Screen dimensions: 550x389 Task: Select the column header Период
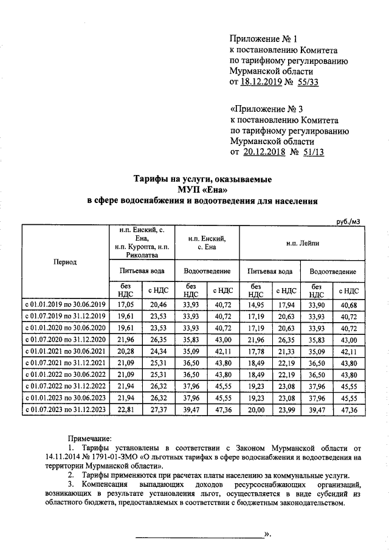pyautogui.click(x=65, y=263)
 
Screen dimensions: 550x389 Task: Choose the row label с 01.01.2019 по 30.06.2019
pyautogui.click(x=65, y=303)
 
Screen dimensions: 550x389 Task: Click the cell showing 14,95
pyautogui.click(x=256, y=303)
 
